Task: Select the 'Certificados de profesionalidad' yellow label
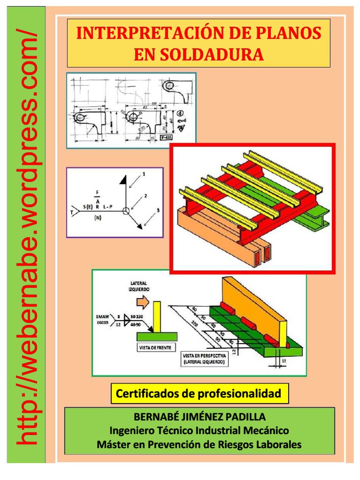tap(199, 394)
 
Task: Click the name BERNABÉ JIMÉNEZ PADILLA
tap(200, 416)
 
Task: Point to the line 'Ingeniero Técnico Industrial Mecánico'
tap(200, 430)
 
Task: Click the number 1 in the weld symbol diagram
tap(143, 174)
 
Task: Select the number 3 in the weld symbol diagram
tap(158, 210)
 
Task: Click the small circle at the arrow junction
tap(125, 210)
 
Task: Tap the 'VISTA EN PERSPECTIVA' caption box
tap(205, 360)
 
